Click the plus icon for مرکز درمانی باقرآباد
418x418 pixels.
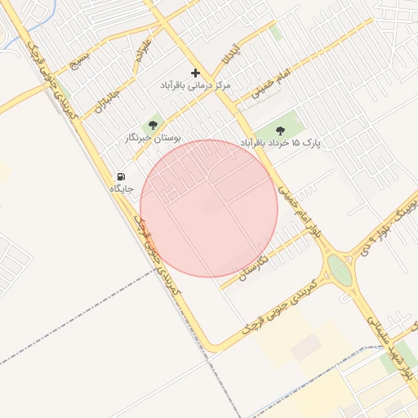pyautogui.click(x=195, y=73)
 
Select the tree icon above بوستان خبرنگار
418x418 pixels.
pyautogui.click(x=153, y=125)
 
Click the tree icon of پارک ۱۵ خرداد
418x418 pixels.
pyautogui.click(x=281, y=130)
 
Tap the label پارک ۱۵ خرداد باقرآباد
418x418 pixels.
pyautogui.click(x=281, y=143)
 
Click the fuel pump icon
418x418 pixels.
pyautogui.click(x=121, y=176)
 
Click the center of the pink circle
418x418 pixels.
pyautogui.click(x=209, y=208)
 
